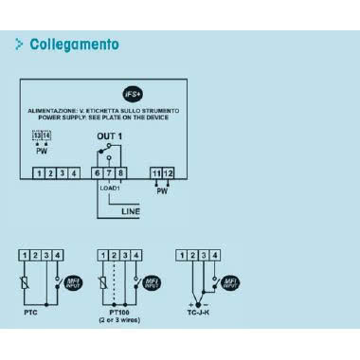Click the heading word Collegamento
pos(75,45)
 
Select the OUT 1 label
pos(110,137)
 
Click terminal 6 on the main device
pos(98,173)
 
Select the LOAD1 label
pos(111,189)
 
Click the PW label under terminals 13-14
pos(41,151)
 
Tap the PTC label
pos(32,309)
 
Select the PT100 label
pos(119,309)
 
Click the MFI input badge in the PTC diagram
pos(71,281)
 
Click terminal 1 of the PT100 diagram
pos(104,254)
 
